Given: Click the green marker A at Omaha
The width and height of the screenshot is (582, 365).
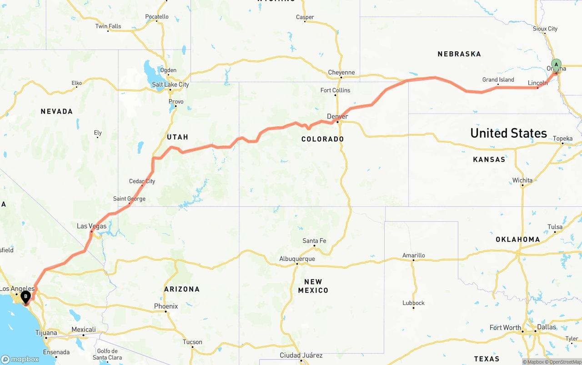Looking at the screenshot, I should (x=556, y=65).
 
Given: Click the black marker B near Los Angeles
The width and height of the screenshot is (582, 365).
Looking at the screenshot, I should (x=26, y=297).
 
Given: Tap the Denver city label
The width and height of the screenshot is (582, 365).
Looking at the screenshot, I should (x=337, y=117).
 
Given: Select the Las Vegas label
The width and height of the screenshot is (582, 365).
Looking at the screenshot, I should (x=91, y=226).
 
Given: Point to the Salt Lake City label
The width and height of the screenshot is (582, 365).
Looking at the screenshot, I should (x=171, y=85).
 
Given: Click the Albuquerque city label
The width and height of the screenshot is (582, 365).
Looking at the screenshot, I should (x=297, y=259).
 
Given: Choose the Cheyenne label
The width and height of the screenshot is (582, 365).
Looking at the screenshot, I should (x=341, y=72).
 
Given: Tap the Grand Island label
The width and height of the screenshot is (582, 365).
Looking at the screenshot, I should (x=498, y=80).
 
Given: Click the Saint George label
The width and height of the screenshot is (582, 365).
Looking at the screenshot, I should (x=130, y=199).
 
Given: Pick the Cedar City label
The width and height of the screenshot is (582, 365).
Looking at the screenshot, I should (x=142, y=181).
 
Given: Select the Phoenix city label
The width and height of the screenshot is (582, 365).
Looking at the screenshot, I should (x=166, y=306).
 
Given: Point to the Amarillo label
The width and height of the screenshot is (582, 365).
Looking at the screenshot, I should (x=414, y=255).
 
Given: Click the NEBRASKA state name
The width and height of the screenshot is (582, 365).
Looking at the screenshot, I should (x=459, y=54).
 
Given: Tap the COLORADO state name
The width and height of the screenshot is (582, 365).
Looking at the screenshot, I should (x=323, y=139).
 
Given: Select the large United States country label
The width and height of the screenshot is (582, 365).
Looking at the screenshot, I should (x=508, y=133).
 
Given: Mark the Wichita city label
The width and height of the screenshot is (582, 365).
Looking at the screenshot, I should (x=522, y=180).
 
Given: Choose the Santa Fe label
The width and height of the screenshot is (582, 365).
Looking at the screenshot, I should (x=314, y=241).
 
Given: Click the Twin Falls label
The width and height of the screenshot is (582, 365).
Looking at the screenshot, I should (x=108, y=26).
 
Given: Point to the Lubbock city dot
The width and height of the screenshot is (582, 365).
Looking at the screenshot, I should (x=413, y=308).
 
